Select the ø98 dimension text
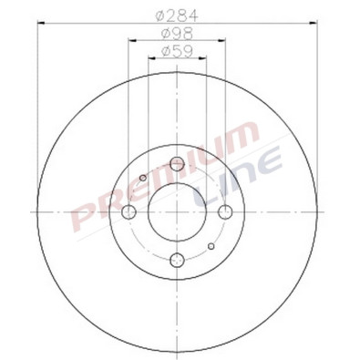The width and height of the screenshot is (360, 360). tap(177, 34)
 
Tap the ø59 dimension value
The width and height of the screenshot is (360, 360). tap(177, 52)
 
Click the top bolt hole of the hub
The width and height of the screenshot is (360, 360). tap(177, 165)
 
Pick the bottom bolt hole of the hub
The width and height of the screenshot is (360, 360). tap(177, 261)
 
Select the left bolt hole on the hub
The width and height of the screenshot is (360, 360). tap(129, 212)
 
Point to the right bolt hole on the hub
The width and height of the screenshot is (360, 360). tap(225, 212)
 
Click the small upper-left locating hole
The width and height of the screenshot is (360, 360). tap(143, 178)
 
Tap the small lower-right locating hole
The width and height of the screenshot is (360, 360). tap(211, 247)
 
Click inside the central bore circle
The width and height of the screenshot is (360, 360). tap(177, 212)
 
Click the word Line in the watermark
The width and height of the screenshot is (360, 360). tap(232, 178)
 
